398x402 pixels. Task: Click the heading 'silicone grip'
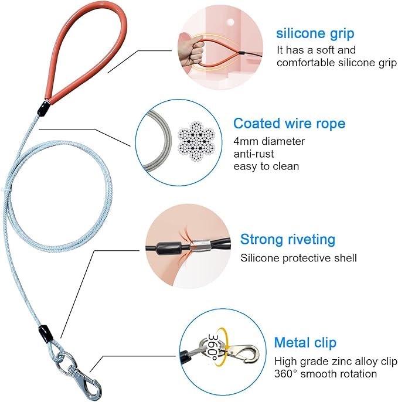click(315, 34)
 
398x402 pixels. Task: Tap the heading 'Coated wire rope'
click(290, 124)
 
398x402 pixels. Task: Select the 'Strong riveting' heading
click(288, 240)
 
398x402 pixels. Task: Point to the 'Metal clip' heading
click(305, 343)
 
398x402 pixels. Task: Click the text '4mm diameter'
click(269, 141)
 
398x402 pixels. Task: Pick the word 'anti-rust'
click(254, 154)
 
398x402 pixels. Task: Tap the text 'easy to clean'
click(266, 166)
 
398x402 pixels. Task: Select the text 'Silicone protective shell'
click(298, 258)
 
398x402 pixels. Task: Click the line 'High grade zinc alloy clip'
click(336, 362)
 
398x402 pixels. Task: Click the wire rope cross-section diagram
click(197, 141)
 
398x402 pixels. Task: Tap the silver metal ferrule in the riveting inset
click(201, 246)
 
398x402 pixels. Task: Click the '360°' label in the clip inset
click(213, 346)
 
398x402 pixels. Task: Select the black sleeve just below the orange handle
click(43, 108)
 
